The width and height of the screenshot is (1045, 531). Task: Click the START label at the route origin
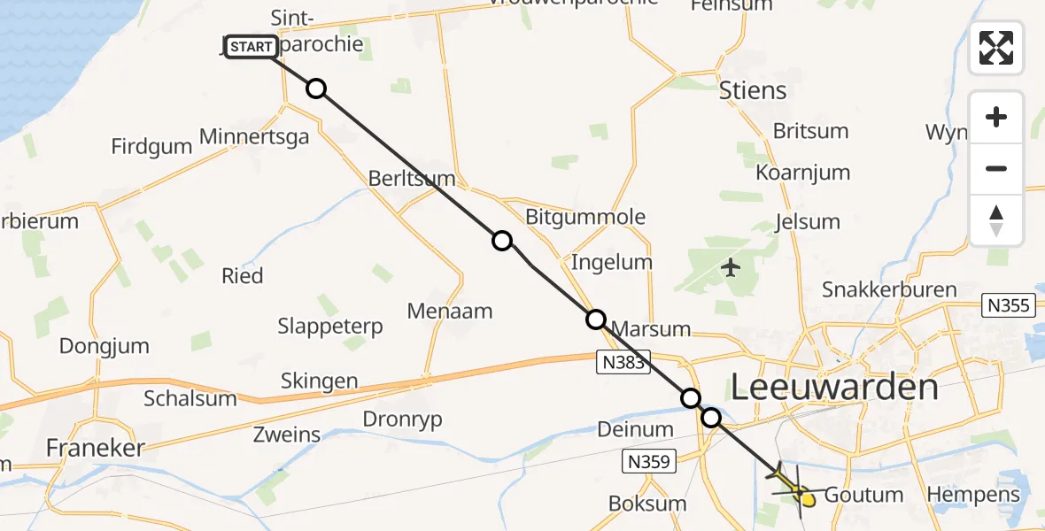pyautogui.click(x=251, y=47)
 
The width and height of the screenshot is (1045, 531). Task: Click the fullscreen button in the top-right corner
pyautogui.click(x=996, y=48)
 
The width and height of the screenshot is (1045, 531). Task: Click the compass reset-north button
pyautogui.click(x=996, y=220)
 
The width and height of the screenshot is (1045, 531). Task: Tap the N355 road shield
pyautogui.click(x=1009, y=305)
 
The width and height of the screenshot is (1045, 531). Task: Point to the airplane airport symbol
pyautogui.click(x=731, y=266)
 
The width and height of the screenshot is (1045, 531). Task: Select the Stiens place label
pyautogui.click(x=753, y=90)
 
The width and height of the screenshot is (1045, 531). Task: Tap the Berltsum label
pyautogui.click(x=412, y=179)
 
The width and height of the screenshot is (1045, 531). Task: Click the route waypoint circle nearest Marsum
pyautogui.click(x=596, y=319)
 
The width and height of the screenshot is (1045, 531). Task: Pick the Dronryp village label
pyautogui.click(x=402, y=419)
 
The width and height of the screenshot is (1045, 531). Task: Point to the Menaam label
pyautogui.click(x=450, y=311)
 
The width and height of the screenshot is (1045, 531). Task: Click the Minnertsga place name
pyautogui.click(x=255, y=137)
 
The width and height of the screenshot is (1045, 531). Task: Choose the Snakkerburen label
pyautogui.click(x=889, y=289)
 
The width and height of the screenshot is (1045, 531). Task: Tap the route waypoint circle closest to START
pyautogui.click(x=316, y=88)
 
